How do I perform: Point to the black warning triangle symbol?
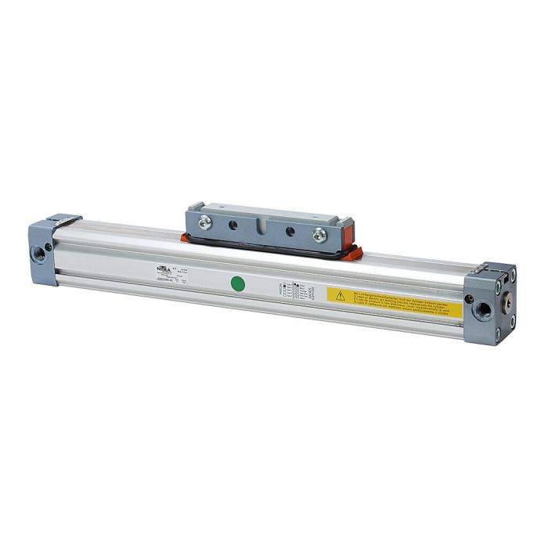[x=341, y=295]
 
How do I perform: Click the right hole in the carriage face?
[x=290, y=231]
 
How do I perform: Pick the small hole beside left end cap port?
[x=49, y=247]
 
